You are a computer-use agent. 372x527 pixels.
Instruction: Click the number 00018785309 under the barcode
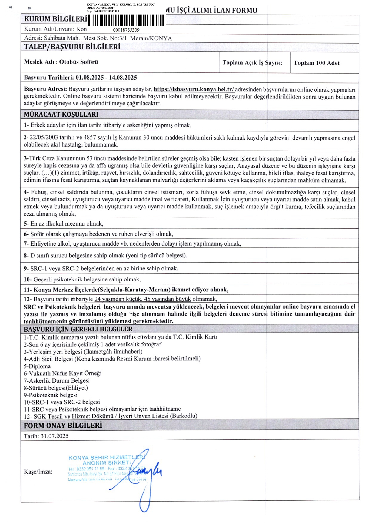(126, 30)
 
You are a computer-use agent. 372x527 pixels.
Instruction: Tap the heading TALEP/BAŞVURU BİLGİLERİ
(72, 47)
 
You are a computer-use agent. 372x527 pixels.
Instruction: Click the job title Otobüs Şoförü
(78, 62)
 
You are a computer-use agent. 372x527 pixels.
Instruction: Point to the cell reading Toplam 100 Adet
(317, 63)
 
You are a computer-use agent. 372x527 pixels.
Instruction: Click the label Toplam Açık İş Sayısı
(252, 63)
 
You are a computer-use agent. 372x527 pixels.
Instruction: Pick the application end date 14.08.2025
(123, 77)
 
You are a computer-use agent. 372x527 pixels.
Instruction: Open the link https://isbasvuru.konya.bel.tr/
(194, 89)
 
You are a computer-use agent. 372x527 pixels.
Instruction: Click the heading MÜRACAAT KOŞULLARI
(61, 114)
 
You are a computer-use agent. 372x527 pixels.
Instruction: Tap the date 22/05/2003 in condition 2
(44, 138)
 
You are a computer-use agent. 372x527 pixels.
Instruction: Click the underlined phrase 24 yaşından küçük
(118, 299)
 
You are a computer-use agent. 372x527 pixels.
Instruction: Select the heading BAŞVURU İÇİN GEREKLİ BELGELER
(78, 329)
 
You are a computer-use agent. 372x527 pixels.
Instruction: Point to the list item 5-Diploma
(37, 366)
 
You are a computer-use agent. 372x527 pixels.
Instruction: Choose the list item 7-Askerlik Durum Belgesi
(57, 380)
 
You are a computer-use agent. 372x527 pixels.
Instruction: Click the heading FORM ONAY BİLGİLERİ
(63, 425)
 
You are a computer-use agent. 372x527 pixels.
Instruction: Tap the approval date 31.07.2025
(55, 436)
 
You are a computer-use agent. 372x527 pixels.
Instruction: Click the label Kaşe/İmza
(38, 472)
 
